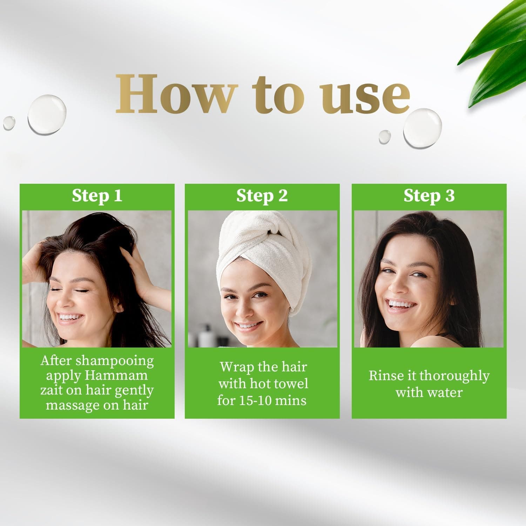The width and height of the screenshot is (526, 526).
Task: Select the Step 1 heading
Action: pyautogui.click(x=97, y=196)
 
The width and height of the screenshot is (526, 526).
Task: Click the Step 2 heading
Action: pyautogui.click(x=262, y=196)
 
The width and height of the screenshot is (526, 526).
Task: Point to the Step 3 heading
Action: pyautogui.click(x=429, y=196)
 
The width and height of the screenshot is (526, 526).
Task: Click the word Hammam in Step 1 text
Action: pyautogui.click(x=116, y=376)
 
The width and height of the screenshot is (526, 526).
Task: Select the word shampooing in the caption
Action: pyautogui.click(x=115, y=361)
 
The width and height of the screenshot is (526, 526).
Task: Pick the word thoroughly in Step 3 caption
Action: pyautogui.click(x=454, y=376)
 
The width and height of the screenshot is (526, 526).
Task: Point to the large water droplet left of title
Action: pyautogui.click(x=47, y=114)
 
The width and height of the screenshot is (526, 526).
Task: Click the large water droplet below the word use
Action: pyautogui.click(x=422, y=128)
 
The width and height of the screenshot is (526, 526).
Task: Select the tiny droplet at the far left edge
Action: pyautogui.click(x=9, y=123)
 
